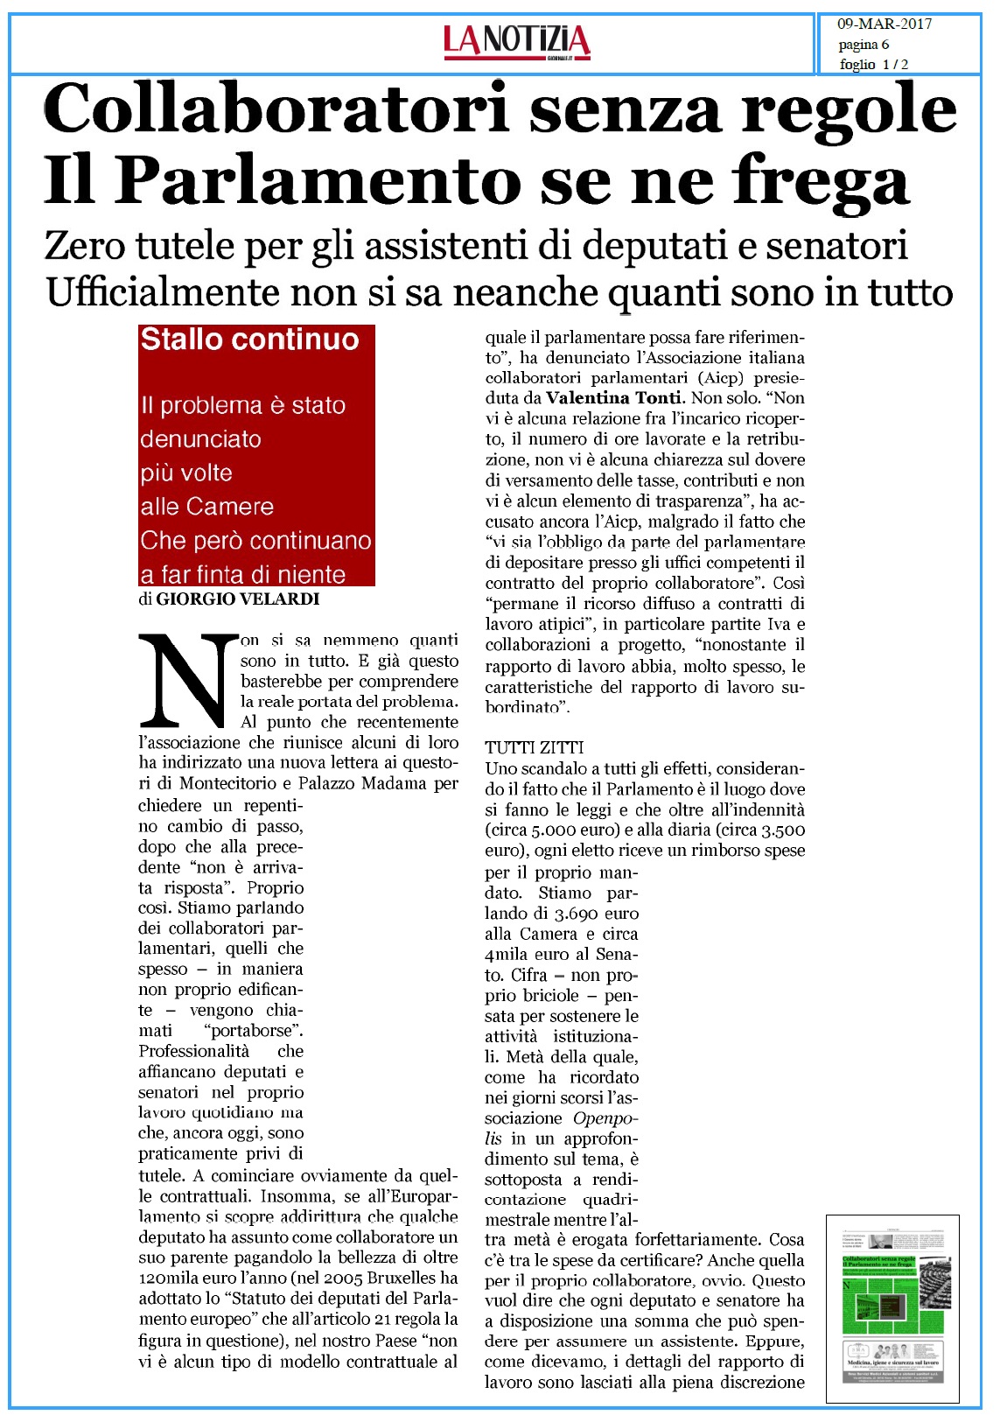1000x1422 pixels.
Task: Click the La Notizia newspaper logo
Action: [517, 41]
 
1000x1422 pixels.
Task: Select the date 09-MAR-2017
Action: [885, 25]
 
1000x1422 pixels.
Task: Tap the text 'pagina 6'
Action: [864, 45]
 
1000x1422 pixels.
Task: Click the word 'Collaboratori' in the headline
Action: [276, 109]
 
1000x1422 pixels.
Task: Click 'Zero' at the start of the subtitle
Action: [86, 246]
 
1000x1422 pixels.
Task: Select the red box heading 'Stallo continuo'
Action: [249, 340]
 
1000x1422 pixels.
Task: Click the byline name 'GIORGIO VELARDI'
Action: [237, 599]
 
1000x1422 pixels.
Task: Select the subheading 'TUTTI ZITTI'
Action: [535, 747]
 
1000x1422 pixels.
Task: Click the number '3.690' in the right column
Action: [577, 914]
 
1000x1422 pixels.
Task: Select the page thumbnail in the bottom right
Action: [892, 1309]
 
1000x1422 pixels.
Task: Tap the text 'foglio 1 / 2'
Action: [873, 65]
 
